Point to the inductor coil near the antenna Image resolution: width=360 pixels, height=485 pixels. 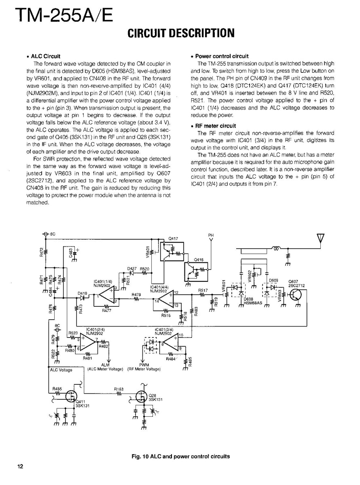(x=277, y=249)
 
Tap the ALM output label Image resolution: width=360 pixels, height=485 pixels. (x=108, y=365)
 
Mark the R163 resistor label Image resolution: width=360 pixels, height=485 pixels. (x=119, y=390)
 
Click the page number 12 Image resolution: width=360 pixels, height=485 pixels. (x=20, y=466)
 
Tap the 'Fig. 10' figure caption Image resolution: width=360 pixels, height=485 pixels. (x=181, y=456)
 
